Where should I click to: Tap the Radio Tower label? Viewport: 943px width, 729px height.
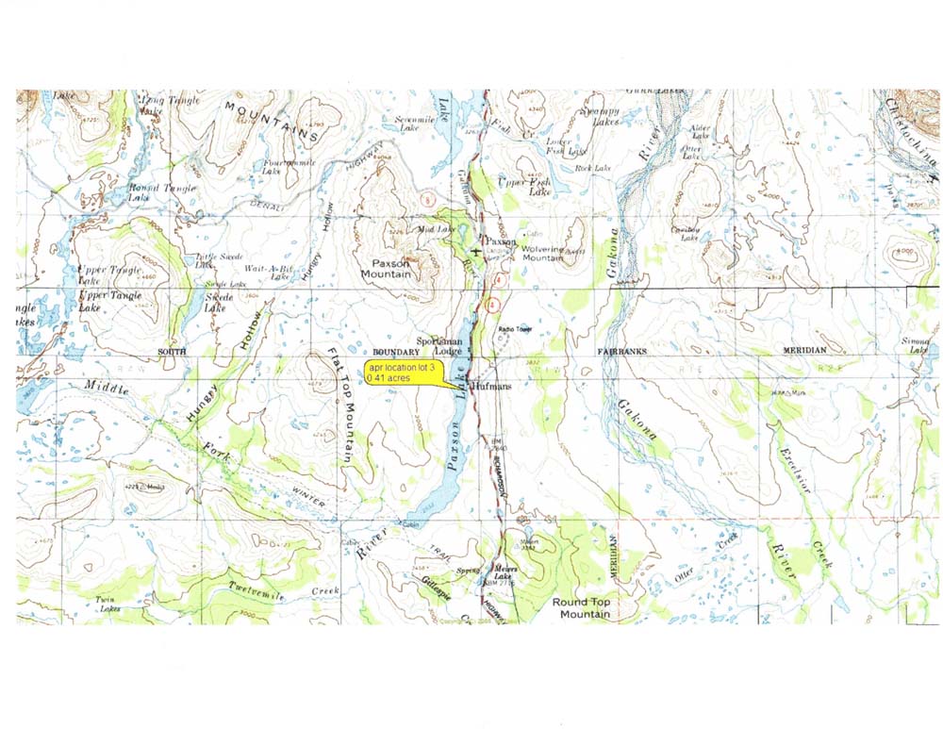coord(516,329)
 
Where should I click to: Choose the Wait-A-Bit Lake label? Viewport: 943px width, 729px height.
coord(267,272)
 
